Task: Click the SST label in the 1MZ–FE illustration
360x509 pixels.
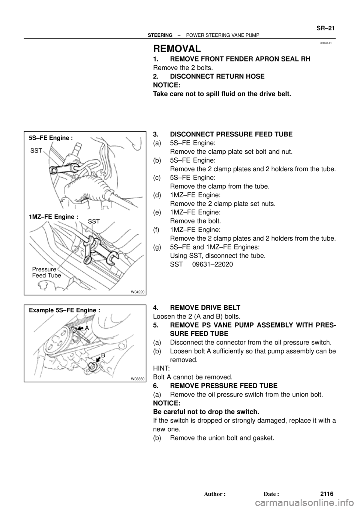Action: (94, 222)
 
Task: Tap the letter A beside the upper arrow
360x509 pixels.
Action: (87, 327)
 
